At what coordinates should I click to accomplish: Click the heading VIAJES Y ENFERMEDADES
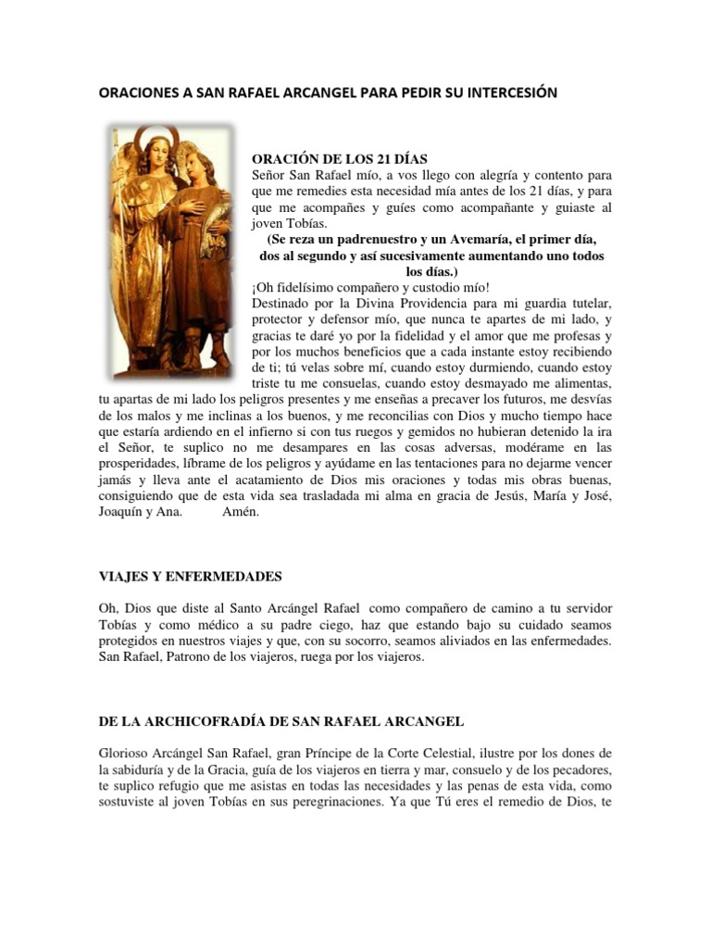point(190,576)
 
